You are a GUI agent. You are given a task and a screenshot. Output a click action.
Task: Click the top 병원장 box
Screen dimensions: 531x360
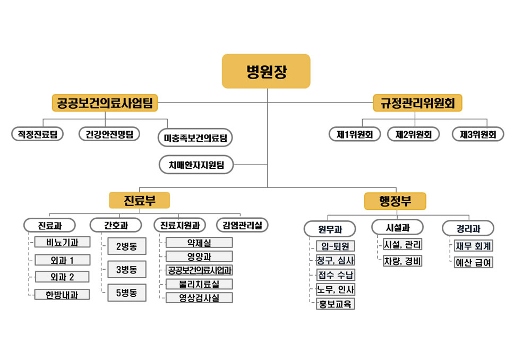(266, 71)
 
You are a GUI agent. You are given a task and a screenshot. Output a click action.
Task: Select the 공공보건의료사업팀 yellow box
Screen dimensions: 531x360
(105, 103)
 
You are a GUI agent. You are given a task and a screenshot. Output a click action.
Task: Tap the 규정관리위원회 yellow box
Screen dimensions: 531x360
(417, 103)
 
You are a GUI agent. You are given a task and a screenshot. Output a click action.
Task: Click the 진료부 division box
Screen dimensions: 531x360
(139, 201)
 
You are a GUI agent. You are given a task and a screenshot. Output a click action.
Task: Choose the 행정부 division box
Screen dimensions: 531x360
(395, 201)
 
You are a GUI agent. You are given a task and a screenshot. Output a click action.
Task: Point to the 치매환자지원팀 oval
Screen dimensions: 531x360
(196, 165)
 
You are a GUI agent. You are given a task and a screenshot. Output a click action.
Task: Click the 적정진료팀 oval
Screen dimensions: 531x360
(38, 134)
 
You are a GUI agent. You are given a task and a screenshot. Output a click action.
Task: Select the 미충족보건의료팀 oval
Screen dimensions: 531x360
(195, 138)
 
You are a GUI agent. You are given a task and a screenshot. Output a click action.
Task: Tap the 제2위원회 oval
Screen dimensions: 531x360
(414, 134)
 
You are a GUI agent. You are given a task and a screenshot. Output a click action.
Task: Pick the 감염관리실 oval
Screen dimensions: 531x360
(242, 225)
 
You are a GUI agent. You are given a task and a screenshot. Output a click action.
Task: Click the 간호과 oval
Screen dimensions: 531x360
(116, 225)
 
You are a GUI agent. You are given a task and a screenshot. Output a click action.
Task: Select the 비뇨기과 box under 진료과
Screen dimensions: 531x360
(62, 242)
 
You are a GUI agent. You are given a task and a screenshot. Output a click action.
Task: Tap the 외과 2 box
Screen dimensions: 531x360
(62, 277)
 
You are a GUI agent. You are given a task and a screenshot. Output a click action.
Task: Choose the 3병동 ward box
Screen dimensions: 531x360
(127, 270)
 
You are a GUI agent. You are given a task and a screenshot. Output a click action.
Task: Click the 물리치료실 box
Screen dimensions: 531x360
(199, 284)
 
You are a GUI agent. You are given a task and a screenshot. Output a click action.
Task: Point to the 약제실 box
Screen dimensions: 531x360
(199, 243)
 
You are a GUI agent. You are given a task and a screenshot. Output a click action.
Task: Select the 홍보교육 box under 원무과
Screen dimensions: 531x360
(335, 304)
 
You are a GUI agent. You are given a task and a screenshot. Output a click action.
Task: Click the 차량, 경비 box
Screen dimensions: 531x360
(402, 261)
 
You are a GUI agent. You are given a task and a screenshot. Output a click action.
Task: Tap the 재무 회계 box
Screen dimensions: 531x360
(474, 246)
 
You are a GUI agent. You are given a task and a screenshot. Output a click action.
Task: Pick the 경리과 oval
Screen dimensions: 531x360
(468, 229)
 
